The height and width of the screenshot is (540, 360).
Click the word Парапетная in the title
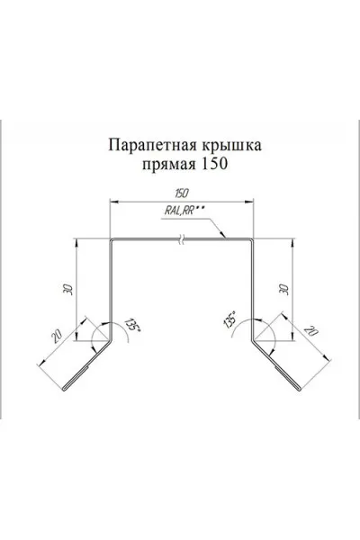(152, 145)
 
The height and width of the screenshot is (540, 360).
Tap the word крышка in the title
(230, 145)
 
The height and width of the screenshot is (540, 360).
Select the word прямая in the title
(168, 165)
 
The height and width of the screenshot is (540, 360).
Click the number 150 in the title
(213, 164)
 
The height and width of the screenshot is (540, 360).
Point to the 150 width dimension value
(181, 193)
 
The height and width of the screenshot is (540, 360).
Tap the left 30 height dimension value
(69, 289)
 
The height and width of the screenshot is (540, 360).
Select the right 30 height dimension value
(285, 289)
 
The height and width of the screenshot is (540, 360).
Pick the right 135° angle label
(230, 319)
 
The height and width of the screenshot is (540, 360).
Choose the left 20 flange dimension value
(57, 337)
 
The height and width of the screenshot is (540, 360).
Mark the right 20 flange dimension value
(310, 331)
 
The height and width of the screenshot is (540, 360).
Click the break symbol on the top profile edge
(182, 238)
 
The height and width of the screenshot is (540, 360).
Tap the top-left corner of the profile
(111, 239)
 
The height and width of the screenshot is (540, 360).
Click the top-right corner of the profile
(252, 239)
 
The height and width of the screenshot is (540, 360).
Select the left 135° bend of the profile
(111, 341)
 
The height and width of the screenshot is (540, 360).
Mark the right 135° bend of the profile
(252, 341)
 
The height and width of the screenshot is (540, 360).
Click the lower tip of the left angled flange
(65, 390)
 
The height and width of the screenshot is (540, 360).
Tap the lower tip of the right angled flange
(300, 390)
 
